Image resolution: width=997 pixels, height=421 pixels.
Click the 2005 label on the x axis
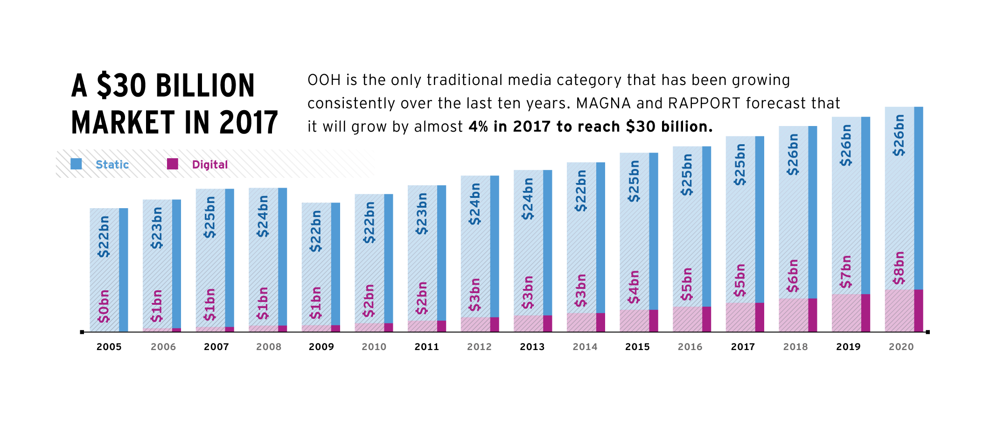pyautogui.click(x=109, y=347)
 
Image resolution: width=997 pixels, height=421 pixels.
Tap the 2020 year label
pyautogui.click(x=901, y=347)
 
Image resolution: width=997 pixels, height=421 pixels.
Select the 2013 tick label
pyautogui.click(x=532, y=347)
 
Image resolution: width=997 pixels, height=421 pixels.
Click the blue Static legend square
pyautogui.click(x=76, y=164)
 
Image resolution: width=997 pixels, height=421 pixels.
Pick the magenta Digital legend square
pyautogui.click(x=173, y=164)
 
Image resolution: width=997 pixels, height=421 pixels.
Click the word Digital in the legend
pyautogui.click(x=210, y=165)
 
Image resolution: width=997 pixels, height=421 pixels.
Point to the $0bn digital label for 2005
pyautogui.click(x=104, y=306)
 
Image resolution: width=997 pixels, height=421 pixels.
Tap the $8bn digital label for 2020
pyautogui.click(x=899, y=268)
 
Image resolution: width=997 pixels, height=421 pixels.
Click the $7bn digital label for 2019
pyautogui.click(x=845, y=272)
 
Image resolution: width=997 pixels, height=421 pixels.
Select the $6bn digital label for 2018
pyautogui.click(x=793, y=276)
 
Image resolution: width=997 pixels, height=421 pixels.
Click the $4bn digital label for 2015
pyautogui.click(x=634, y=287)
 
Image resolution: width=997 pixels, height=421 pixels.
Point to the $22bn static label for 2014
pyautogui.click(x=581, y=190)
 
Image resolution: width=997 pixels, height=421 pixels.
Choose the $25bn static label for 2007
pyautogui.click(x=210, y=217)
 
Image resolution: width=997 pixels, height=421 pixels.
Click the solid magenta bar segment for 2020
pyautogui.click(x=918, y=310)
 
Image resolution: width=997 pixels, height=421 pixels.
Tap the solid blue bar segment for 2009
pyautogui.click(x=335, y=264)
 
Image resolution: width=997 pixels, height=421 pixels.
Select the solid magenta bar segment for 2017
pyautogui.click(x=760, y=317)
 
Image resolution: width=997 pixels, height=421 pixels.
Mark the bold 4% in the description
pyautogui.click(x=478, y=126)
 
